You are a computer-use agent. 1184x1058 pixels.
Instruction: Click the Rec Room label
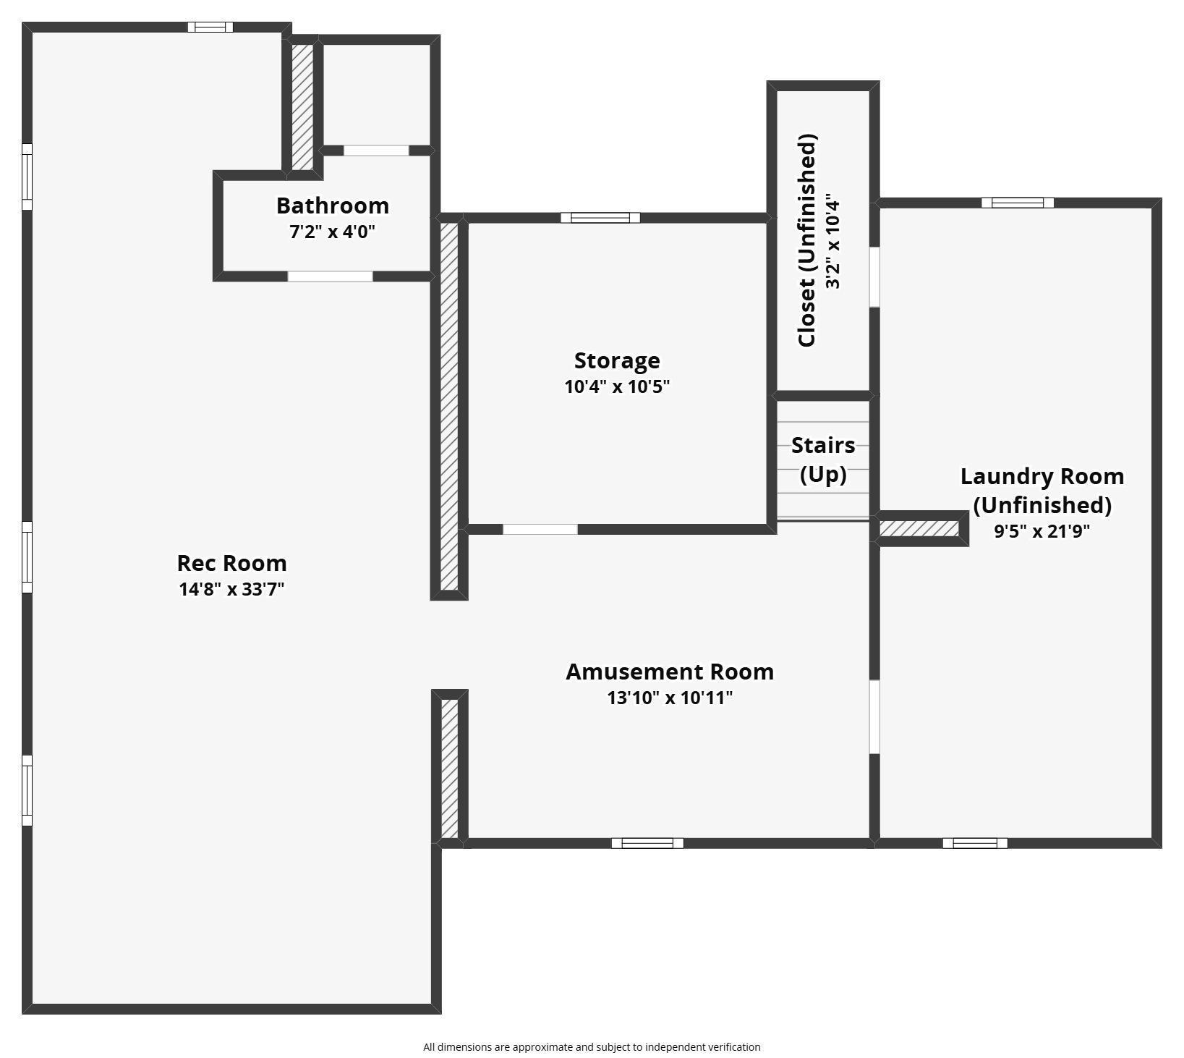pyautogui.click(x=231, y=563)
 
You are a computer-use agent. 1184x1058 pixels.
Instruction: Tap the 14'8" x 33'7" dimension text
pyautogui.click(x=231, y=589)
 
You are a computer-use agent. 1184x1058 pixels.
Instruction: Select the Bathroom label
pyautogui.click(x=333, y=206)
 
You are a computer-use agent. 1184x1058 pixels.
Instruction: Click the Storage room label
pyautogui.click(x=617, y=360)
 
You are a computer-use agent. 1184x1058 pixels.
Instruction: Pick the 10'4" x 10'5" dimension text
pyautogui.click(x=617, y=386)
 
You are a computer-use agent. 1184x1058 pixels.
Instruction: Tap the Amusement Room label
pyautogui.click(x=670, y=672)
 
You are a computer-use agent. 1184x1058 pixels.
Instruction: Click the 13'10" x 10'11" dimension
pyautogui.click(x=670, y=698)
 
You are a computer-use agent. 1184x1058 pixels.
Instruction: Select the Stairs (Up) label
pyautogui.click(x=823, y=460)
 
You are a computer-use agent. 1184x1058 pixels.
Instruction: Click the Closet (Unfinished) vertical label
pyautogui.click(x=807, y=240)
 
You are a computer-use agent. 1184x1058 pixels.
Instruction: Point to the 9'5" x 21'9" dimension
pyautogui.click(x=1042, y=531)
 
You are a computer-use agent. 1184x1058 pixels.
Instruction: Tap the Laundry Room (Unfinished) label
pyautogui.click(x=1042, y=490)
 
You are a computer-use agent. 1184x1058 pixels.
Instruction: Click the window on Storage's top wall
pyautogui.click(x=600, y=218)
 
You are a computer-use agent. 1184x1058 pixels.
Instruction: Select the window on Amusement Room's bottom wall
pyautogui.click(x=647, y=843)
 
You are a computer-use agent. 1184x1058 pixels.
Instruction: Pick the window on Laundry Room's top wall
pyautogui.click(x=1018, y=203)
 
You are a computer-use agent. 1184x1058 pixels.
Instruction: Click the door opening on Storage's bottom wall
pyautogui.click(x=540, y=530)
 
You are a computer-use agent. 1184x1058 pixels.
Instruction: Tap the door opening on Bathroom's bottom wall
pyautogui.click(x=330, y=276)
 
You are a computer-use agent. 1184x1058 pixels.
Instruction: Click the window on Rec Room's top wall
pyautogui.click(x=210, y=27)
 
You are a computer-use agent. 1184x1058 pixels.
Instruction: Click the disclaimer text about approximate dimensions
pyautogui.click(x=592, y=1046)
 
